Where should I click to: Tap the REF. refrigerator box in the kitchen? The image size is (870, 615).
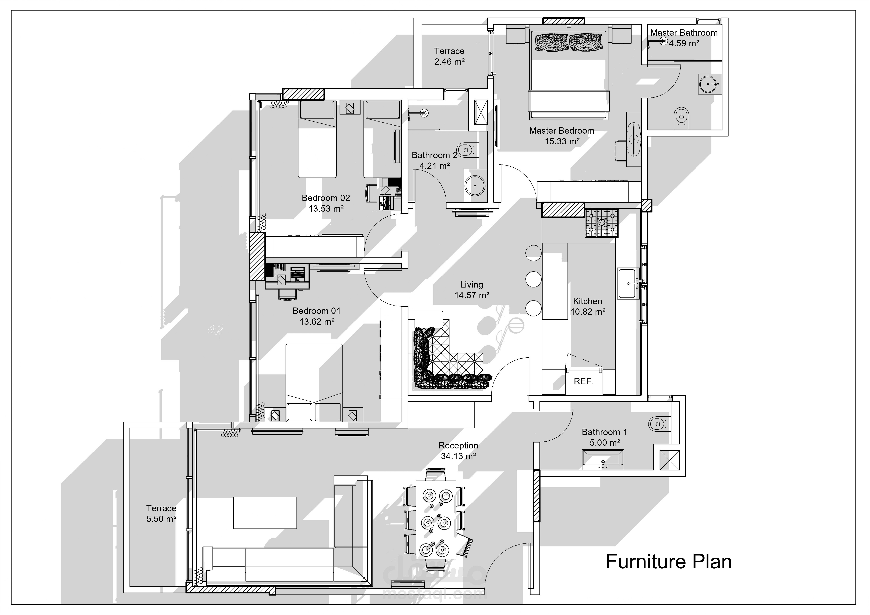[584, 381]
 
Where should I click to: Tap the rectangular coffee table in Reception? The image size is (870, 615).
[265, 512]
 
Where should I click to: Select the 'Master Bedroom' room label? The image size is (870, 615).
[562, 131]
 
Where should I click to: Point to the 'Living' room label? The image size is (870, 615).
[471, 284]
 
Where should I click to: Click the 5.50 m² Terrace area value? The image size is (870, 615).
[161, 519]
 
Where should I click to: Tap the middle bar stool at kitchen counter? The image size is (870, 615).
[533, 279]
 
